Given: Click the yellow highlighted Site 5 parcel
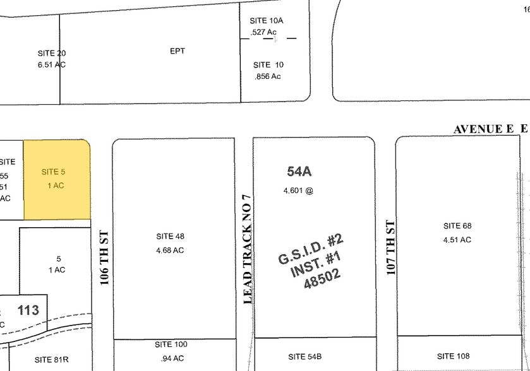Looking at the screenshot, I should point(57,180).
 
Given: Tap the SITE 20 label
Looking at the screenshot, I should point(52,54).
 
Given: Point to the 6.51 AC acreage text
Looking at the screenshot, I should point(52,64).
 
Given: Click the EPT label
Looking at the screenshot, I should point(178,51).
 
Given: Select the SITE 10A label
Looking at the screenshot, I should point(267,21).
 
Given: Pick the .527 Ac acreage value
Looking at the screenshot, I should point(264,32).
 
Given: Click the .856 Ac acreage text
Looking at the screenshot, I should point(267,76).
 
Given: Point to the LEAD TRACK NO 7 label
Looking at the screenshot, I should point(248,249).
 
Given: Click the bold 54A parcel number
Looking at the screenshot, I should point(300,171).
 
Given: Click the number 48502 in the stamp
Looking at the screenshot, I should point(322,278).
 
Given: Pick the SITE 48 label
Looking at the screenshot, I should point(170,237).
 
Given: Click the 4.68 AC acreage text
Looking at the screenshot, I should point(170,250).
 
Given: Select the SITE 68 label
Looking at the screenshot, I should point(457,226).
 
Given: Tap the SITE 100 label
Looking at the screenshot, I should point(171,344).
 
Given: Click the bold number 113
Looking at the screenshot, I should point(28,310).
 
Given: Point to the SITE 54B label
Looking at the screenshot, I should point(305,356).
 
